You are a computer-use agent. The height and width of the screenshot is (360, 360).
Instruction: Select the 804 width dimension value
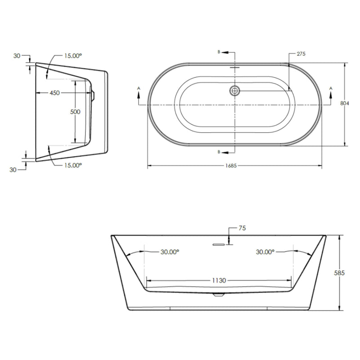click(x=345, y=103)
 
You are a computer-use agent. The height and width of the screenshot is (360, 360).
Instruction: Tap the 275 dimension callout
click(x=301, y=54)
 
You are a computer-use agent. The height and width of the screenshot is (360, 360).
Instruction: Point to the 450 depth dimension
click(x=54, y=93)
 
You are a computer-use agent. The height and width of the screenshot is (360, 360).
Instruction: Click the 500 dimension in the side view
click(x=75, y=112)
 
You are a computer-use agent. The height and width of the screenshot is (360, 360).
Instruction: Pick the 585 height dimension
click(x=345, y=273)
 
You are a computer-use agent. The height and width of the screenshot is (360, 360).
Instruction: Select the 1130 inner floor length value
click(x=220, y=280)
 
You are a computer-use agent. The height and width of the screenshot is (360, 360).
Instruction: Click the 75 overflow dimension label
click(x=242, y=228)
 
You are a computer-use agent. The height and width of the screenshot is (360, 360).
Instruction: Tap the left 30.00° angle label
click(x=170, y=252)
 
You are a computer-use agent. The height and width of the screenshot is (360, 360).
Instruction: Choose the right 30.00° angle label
click(x=265, y=252)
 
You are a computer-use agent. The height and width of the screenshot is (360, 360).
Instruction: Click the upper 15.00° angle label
click(x=73, y=56)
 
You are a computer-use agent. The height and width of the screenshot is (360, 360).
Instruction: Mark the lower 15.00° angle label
click(x=73, y=165)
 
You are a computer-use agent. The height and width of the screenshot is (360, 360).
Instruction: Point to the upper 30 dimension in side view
click(x=17, y=56)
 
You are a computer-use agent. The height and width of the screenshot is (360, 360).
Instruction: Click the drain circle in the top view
click(x=234, y=91)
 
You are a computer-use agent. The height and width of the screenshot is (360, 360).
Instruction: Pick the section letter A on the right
click(x=331, y=87)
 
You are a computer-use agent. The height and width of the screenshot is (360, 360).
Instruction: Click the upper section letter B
click(x=219, y=53)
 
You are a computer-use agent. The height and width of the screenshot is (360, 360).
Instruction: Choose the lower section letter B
click(x=219, y=152)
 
